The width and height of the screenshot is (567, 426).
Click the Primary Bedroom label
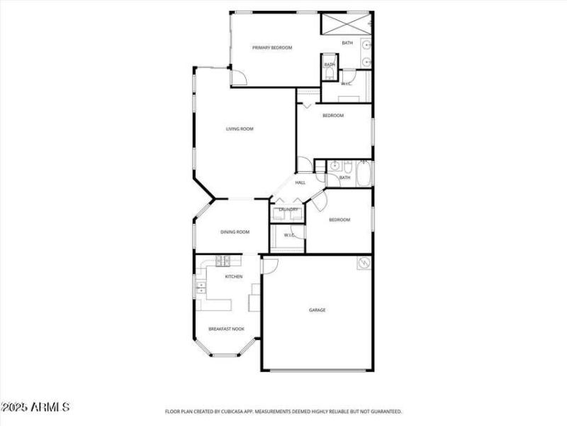[272, 48]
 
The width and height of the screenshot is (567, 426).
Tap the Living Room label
[240, 129]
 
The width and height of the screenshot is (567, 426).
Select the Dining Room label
[235, 232]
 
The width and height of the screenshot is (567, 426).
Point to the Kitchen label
[234, 276]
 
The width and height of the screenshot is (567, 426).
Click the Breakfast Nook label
[226, 329]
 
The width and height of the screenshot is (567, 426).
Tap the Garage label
[317, 310]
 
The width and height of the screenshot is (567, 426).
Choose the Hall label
[301, 182]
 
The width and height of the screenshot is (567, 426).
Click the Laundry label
[288, 209]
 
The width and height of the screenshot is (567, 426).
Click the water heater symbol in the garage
[364, 263]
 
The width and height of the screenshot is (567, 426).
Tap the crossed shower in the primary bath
[346, 22]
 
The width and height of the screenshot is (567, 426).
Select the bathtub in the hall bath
[363, 174]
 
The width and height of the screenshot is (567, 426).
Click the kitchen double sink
[201, 288]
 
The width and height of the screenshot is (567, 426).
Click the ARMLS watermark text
[35, 408]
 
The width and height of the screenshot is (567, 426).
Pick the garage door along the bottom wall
[317, 370]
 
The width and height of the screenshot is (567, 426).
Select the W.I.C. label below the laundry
[289, 235]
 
